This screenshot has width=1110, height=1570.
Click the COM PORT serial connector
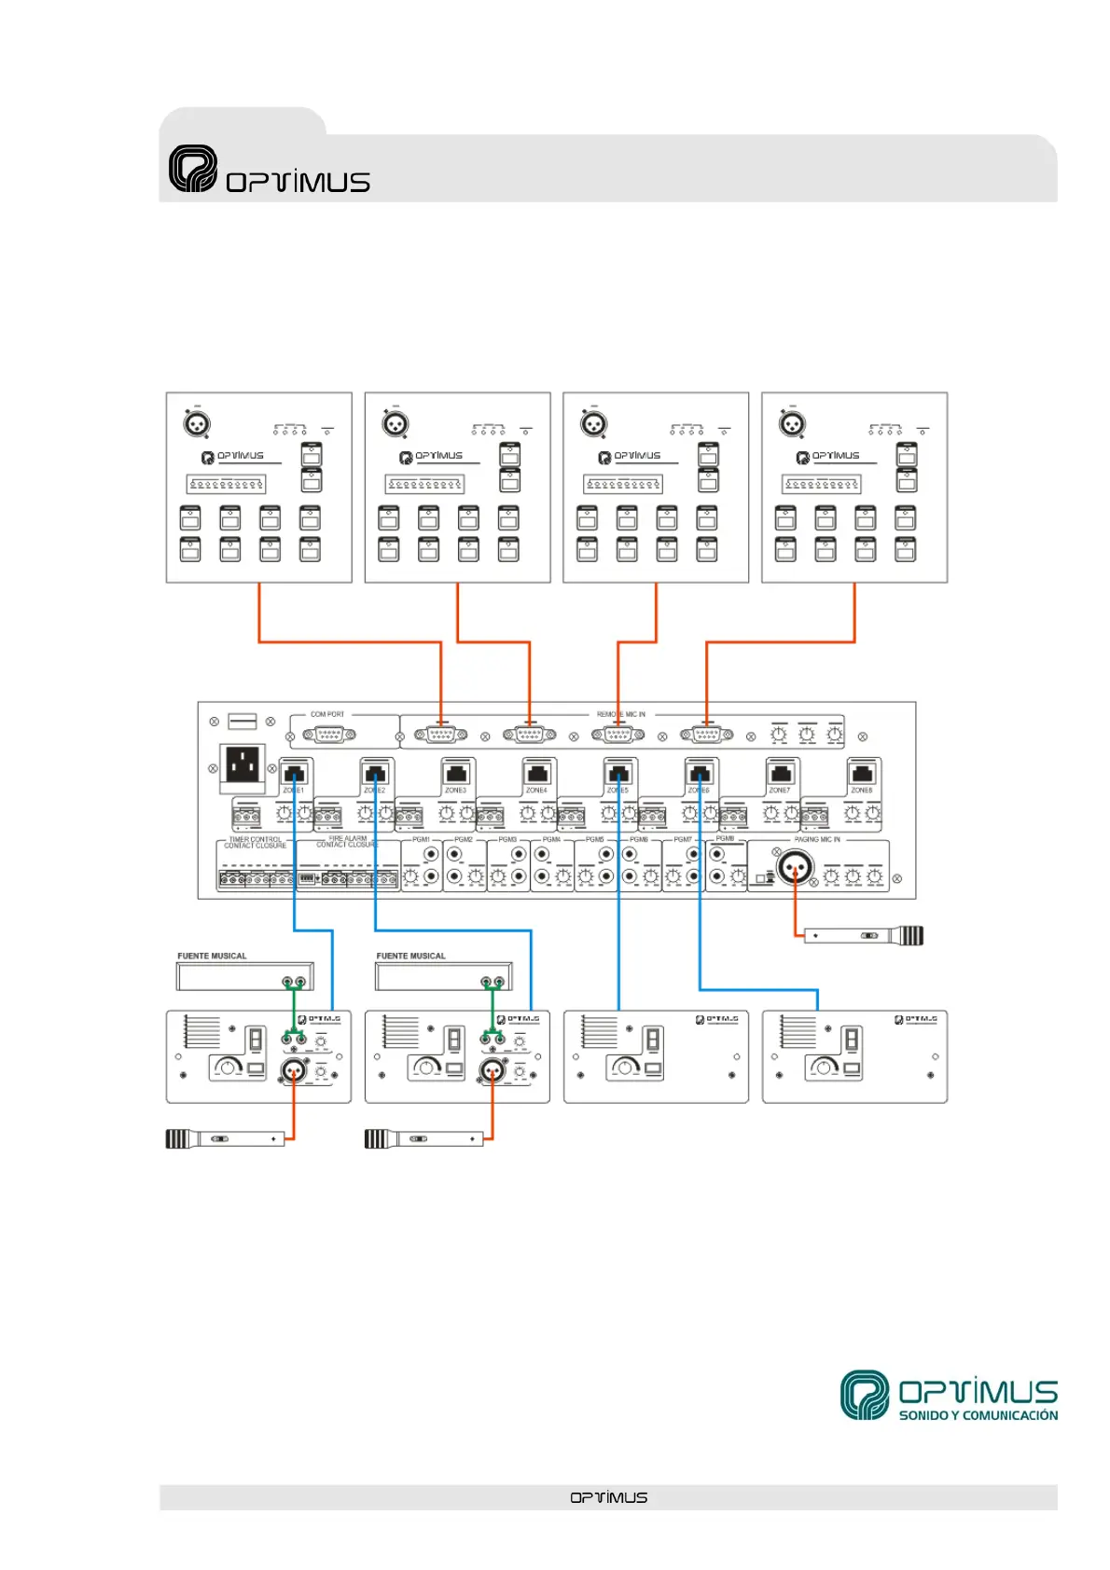(x=328, y=736)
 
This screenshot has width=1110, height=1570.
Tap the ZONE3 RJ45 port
(x=456, y=774)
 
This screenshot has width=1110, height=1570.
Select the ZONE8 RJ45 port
(x=863, y=774)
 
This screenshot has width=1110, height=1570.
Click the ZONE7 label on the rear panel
(x=780, y=791)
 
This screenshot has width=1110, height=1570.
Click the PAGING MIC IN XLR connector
(x=795, y=868)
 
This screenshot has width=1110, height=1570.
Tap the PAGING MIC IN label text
(x=817, y=840)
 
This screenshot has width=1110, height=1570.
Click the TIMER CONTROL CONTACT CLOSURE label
(x=255, y=843)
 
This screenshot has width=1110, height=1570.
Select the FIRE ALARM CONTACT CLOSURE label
(x=346, y=842)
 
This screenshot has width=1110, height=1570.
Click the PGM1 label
(x=421, y=840)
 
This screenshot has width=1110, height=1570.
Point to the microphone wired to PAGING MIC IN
(x=864, y=935)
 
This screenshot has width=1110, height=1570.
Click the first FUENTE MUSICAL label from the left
(x=212, y=957)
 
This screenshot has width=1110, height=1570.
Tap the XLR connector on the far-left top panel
(x=196, y=424)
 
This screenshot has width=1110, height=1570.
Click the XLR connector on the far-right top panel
(x=792, y=424)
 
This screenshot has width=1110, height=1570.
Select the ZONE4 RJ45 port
(x=537, y=774)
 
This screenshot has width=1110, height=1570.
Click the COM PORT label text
(x=327, y=715)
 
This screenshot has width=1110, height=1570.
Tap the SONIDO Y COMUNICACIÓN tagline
(x=978, y=1415)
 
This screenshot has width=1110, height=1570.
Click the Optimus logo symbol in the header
(x=193, y=169)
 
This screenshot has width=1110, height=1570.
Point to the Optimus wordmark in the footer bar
(x=608, y=1497)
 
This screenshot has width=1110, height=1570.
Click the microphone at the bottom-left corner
(x=225, y=1138)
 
